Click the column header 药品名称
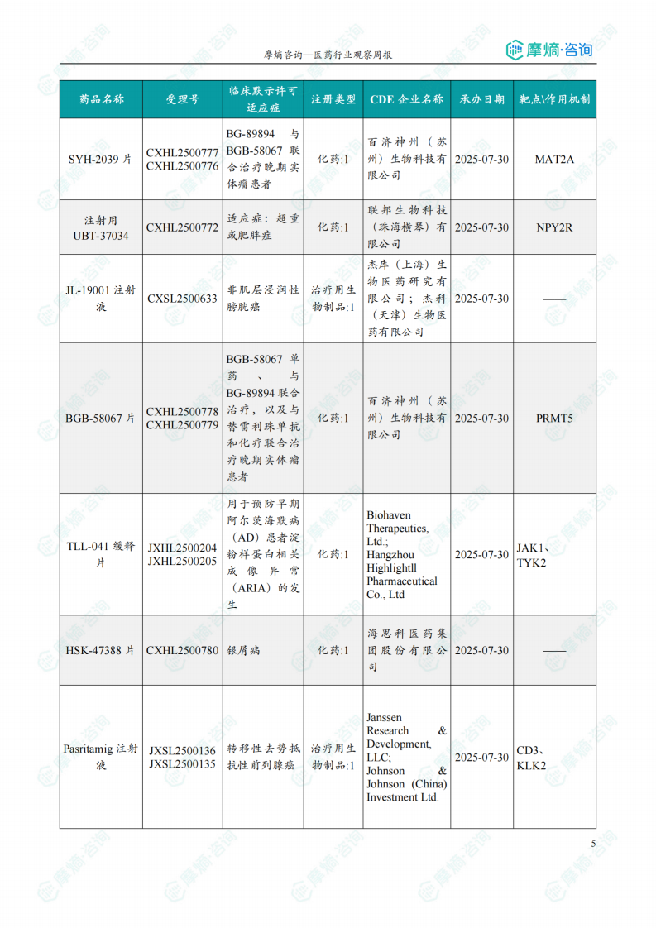[101, 99]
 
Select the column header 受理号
[182, 99]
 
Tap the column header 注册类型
[333, 99]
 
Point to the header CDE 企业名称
[406, 99]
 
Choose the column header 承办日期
[481, 99]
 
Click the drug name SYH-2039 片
[100, 159]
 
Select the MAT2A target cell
[553, 159]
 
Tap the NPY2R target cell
[553, 227]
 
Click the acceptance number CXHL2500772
[182, 227]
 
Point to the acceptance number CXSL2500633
[182, 299]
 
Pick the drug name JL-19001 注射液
[101, 299]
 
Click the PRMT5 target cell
[553, 419]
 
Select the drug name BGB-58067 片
[100, 419]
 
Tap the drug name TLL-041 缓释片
[101, 554]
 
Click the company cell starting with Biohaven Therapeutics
[406, 554]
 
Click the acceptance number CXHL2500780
[182, 651]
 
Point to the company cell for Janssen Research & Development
[406, 758]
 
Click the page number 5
[593, 844]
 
